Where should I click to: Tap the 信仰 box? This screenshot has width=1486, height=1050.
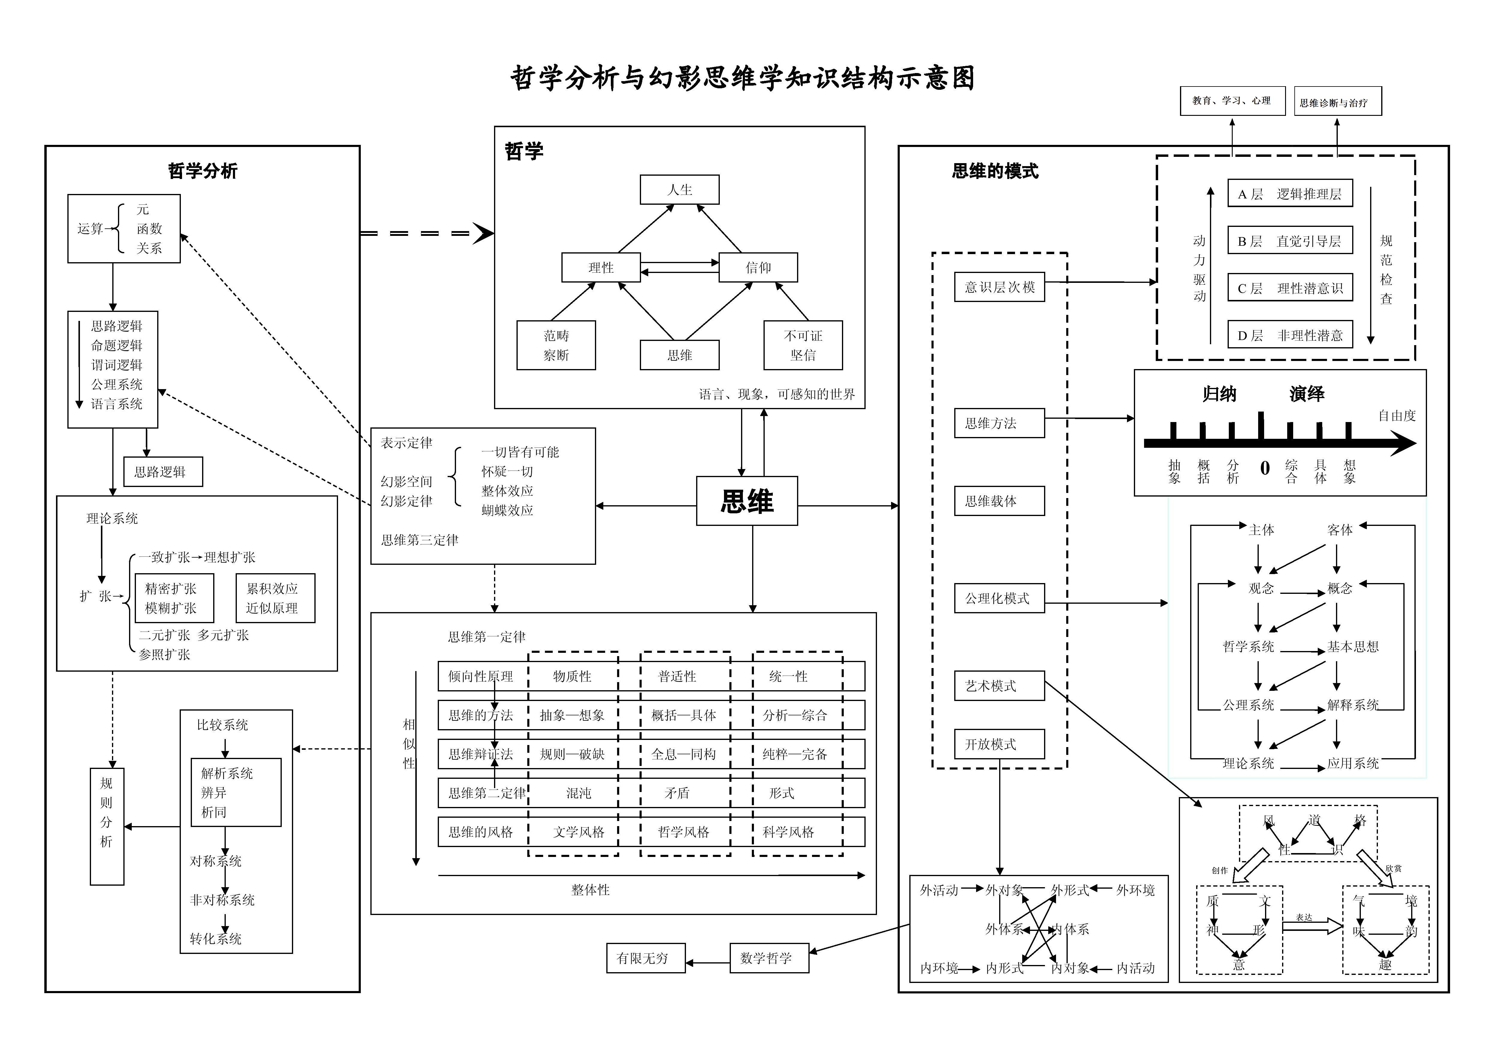758,267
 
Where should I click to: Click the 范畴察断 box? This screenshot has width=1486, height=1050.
556,345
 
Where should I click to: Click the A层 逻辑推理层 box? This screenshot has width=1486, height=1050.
1290,193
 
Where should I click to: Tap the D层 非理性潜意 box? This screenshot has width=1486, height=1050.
1290,335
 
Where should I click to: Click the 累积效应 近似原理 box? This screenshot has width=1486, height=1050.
275,598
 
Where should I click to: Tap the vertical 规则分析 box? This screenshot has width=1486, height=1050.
107,826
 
